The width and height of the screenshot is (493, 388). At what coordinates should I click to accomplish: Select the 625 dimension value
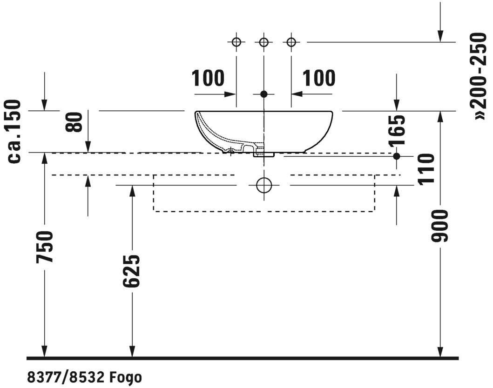coord(132,271)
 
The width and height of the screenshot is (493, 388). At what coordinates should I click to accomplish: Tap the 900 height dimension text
coord(440,226)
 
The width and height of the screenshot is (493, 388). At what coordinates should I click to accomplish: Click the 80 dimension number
coord(75,122)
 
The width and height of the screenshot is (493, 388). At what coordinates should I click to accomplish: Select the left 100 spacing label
coord(208,79)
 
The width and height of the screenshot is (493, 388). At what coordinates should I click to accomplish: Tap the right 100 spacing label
coord(319,79)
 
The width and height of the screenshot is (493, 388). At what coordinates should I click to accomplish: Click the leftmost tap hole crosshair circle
coord(236,42)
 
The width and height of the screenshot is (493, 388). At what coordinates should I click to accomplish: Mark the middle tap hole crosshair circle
coord(264,42)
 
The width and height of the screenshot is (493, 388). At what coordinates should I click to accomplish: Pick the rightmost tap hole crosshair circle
coord(291,42)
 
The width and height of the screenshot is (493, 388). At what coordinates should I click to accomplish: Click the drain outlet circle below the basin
coord(264,185)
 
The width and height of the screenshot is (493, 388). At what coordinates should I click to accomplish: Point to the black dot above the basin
coord(264,94)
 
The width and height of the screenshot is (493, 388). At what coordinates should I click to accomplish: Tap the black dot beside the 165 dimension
coord(396,156)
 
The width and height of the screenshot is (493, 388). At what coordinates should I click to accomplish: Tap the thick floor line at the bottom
coord(242,359)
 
